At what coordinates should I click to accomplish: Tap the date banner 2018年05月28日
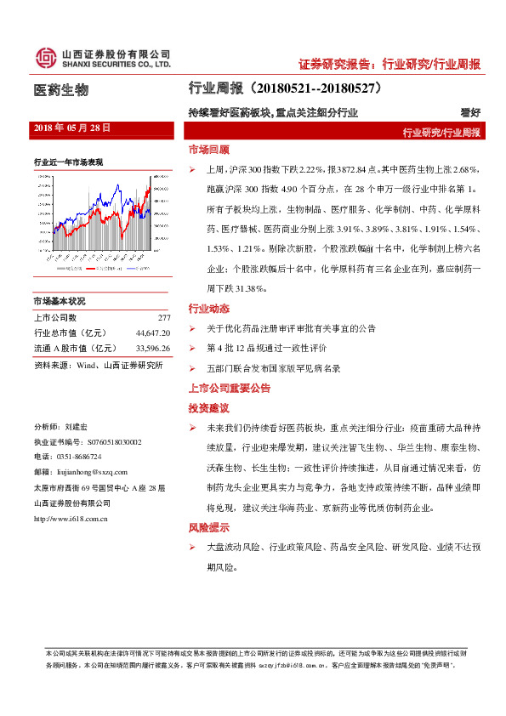click(x=72, y=128)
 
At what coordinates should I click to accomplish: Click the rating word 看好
click(x=470, y=112)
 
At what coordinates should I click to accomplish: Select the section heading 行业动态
click(x=208, y=308)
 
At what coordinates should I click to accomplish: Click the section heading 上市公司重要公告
click(x=230, y=388)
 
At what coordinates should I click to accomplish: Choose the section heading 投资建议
click(x=208, y=408)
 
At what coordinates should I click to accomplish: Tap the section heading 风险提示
click(x=208, y=527)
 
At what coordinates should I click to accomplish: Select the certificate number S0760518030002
click(x=115, y=442)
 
